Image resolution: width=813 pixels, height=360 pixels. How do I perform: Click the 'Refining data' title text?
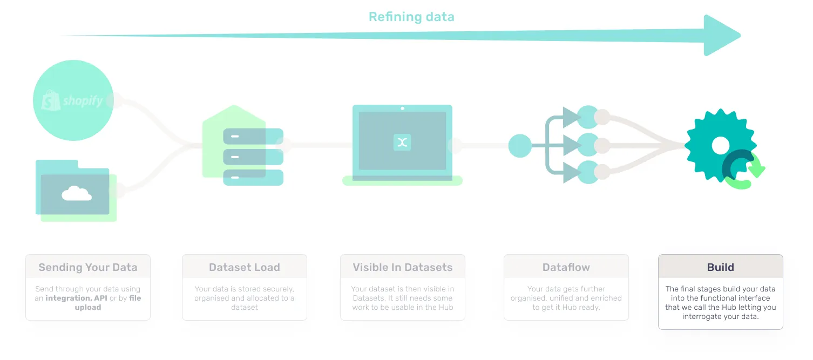tap(411, 17)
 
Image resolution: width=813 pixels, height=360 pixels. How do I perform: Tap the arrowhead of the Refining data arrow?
tap(721, 36)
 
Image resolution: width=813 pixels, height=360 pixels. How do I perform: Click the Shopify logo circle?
tap(73, 100)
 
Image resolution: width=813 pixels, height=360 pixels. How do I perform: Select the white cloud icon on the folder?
tap(76, 193)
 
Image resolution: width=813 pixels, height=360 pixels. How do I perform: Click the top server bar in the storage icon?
tap(253, 136)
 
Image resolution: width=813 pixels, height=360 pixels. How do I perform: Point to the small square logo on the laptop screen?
tap(402, 142)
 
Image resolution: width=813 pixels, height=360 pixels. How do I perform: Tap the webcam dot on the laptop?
tap(402, 108)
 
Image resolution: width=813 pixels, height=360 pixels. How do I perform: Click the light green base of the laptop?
tap(402, 181)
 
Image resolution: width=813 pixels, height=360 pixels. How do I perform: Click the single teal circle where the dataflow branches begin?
tap(520, 146)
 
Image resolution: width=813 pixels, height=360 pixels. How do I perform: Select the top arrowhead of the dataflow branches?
tap(571, 117)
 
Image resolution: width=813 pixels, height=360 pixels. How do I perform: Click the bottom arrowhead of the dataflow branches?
tap(571, 173)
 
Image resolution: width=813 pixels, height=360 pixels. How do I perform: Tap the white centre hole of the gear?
tap(721, 145)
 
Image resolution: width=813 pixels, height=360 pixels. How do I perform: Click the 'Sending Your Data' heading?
tap(88, 267)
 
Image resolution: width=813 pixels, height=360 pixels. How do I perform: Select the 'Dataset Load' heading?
tap(245, 267)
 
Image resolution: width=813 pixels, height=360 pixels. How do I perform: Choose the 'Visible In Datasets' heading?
tap(403, 267)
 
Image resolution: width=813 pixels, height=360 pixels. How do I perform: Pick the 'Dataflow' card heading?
tap(566, 267)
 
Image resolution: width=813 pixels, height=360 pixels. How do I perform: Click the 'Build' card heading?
tap(721, 267)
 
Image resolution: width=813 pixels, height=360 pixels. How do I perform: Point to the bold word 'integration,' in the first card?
tap(69, 298)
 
